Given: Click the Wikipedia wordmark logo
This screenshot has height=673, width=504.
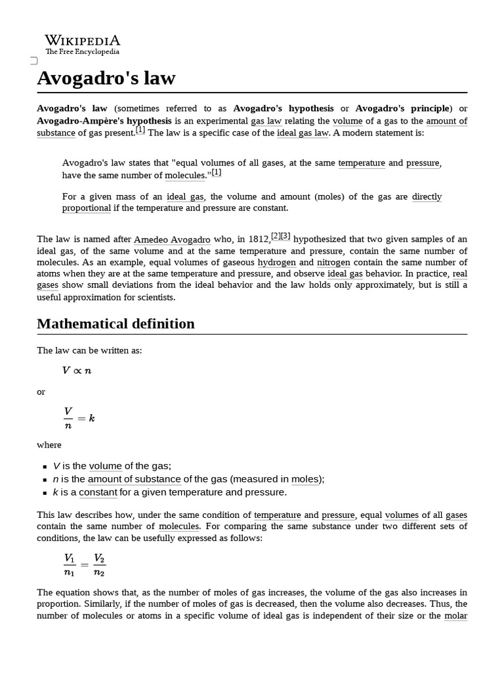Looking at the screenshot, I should click(82, 41).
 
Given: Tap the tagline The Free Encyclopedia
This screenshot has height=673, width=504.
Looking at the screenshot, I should click(82, 52).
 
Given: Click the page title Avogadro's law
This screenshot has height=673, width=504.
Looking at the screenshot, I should click(106, 78).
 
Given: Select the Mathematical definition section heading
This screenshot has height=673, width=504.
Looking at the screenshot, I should click(115, 323).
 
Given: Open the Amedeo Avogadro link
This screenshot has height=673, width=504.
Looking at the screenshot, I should click(167, 240).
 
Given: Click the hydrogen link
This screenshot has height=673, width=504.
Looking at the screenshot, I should click(276, 262).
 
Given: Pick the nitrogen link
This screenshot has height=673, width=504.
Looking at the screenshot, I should click(333, 262).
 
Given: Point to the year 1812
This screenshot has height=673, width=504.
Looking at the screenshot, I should click(258, 240).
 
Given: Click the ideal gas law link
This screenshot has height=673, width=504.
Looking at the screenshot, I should click(303, 133).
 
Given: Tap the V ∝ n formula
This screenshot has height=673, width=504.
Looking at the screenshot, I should click(77, 371).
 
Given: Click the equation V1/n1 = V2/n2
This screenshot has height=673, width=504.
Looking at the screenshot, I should click(84, 565).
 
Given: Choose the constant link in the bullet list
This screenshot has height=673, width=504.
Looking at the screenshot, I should click(98, 492).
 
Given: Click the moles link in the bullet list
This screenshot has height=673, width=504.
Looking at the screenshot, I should click(306, 479).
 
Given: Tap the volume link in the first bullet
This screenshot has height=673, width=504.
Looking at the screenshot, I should click(106, 466).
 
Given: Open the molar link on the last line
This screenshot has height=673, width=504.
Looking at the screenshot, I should click(455, 616).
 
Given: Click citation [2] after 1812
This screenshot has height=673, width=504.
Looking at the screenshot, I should click(276, 237).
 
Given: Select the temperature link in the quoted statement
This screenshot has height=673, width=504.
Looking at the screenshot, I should click(362, 163).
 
